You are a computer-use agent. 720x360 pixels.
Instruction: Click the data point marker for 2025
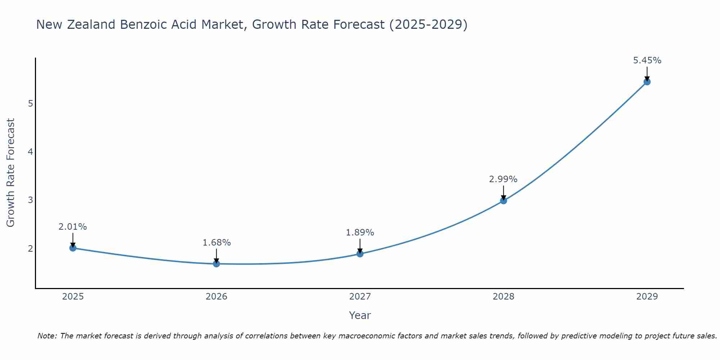(x=73, y=248)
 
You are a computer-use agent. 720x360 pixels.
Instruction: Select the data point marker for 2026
(x=216, y=264)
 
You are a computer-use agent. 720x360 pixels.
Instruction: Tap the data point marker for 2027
(x=360, y=254)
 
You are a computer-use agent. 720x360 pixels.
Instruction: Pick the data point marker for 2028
(x=503, y=201)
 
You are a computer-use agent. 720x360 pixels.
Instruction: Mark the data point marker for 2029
(x=647, y=82)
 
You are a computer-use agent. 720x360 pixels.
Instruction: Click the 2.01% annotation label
(x=73, y=227)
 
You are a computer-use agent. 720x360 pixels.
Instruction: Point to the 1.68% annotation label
(x=216, y=243)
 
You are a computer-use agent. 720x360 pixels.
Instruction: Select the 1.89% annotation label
(x=360, y=233)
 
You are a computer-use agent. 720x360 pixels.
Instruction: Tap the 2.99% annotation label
(x=503, y=179)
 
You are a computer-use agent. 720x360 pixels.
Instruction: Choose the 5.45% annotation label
(x=647, y=60)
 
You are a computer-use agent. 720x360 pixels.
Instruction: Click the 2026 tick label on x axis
(x=216, y=297)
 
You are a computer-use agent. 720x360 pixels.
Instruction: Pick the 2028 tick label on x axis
(x=503, y=297)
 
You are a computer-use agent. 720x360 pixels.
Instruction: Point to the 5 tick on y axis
(x=30, y=104)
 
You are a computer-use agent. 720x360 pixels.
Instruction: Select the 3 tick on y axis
(x=30, y=200)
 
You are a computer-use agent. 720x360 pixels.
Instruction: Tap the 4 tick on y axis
(x=30, y=152)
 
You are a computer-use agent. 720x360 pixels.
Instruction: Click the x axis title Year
(x=360, y=315)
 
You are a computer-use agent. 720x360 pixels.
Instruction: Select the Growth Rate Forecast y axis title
(x=11, y=173)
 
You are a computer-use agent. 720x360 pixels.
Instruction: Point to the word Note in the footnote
(x=47, y=336)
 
